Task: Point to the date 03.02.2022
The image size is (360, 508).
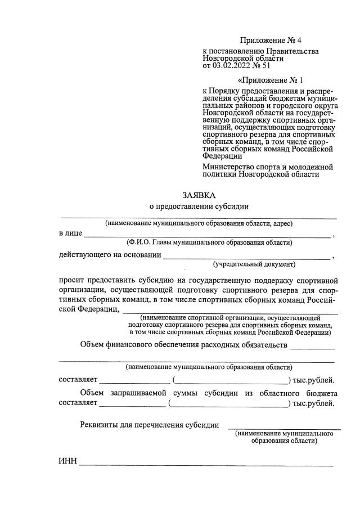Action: (233, 65)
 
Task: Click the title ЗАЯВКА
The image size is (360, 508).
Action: (199, 195)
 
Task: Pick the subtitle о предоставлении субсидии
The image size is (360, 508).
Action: (199, 207)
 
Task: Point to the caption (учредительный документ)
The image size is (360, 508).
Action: (254, 264)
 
